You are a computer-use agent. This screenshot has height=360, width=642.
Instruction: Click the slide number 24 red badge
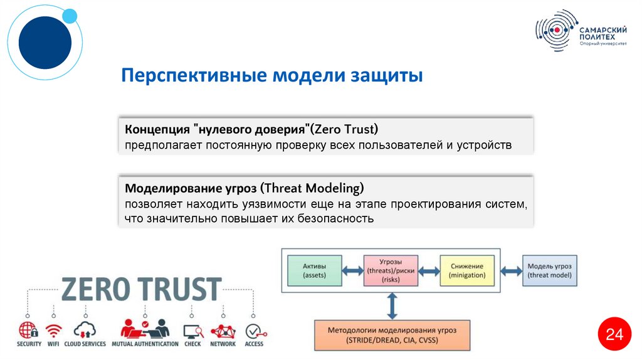(x=614, y=336)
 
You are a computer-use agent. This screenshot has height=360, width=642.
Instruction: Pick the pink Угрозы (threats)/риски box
(x=391, y=270)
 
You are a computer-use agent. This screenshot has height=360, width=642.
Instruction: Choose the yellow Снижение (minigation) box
(x=467, y=270)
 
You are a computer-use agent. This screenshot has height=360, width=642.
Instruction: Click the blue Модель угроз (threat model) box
(x=550, y=270)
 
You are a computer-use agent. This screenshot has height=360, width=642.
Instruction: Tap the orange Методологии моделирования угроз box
(x=392, y=334)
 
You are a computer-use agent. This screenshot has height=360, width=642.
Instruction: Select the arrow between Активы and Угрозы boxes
(x=352, y=271)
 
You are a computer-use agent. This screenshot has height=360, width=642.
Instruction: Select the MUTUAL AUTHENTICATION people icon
(x=144, y=329)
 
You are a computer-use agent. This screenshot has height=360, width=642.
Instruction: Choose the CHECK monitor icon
(x=192, y=330)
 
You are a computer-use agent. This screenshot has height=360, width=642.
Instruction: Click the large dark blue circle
(x=45, y=43)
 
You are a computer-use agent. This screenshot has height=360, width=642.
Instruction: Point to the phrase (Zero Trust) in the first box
(x=345, y=129)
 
